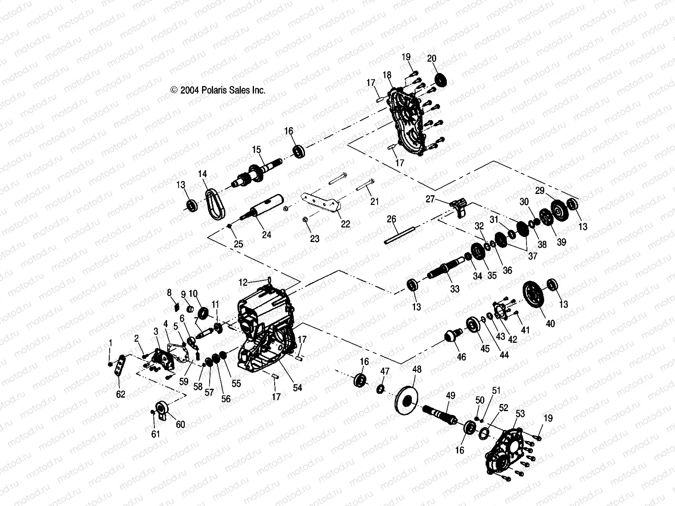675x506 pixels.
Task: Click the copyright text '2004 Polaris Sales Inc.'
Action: pos(218,90)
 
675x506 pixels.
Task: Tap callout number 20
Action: pos(432,59)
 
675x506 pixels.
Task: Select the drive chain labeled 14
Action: pos(216,203)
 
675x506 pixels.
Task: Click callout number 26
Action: pos(391,219)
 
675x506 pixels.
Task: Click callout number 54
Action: pos(297,388)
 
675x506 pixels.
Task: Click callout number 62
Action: pos(121,394)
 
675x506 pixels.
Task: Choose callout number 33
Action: pos(454,289)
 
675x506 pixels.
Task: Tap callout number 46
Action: pos(462,357)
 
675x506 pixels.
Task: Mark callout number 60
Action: pos(180,424)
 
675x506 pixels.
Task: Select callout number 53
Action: pos(520,414)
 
